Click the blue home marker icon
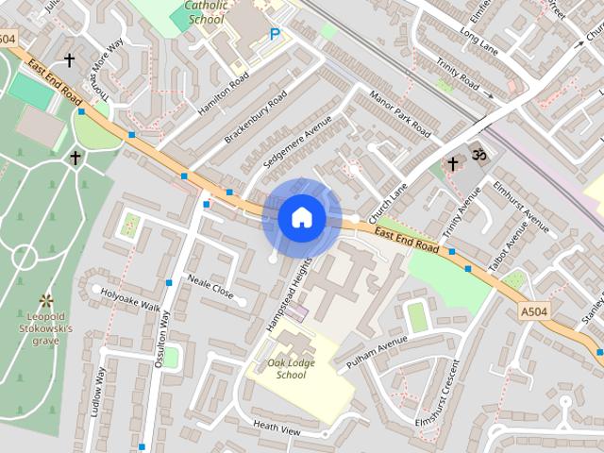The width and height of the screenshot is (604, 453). click(x=302, y=218)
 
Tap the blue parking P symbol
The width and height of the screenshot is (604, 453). click(x=275, y=34)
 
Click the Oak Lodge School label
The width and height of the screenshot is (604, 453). click(x=286, y=368)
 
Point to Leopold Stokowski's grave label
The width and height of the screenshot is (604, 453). click(x=45, y=327)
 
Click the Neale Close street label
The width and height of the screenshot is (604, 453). click(x=210, y=287)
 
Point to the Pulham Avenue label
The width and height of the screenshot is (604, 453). click(x=377, y=350)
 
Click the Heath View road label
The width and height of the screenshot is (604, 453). click(x=276, y=427)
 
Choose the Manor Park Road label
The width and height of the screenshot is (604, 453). click(x=401, y=114)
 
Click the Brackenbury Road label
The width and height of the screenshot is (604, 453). click(x=256, y=117)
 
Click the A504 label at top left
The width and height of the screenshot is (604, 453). click(x=9, y=39)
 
